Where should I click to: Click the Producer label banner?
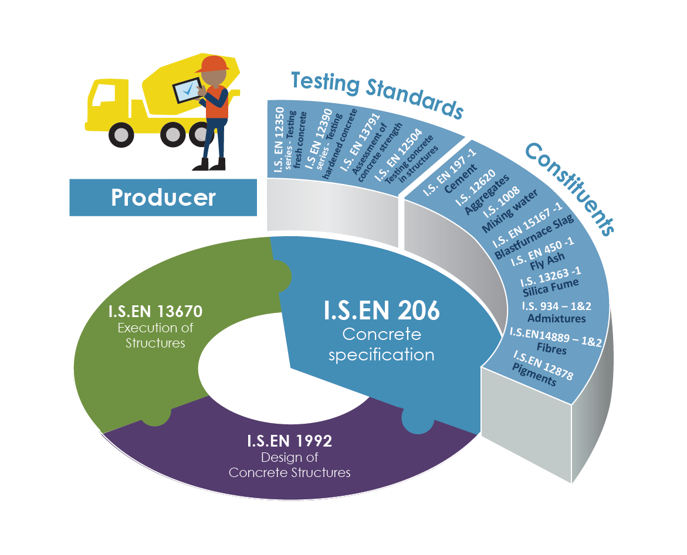point(163,198)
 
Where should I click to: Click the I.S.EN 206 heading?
point(381,311)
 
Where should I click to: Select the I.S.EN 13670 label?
point(155,311)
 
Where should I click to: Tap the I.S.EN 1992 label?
point(290,441)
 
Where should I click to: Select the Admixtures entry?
point(556,318)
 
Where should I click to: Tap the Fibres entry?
point(551,348)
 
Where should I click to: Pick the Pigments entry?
point(534,374)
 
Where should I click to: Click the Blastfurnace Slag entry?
point(534,237)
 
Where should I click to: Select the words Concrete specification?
point(381,345)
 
